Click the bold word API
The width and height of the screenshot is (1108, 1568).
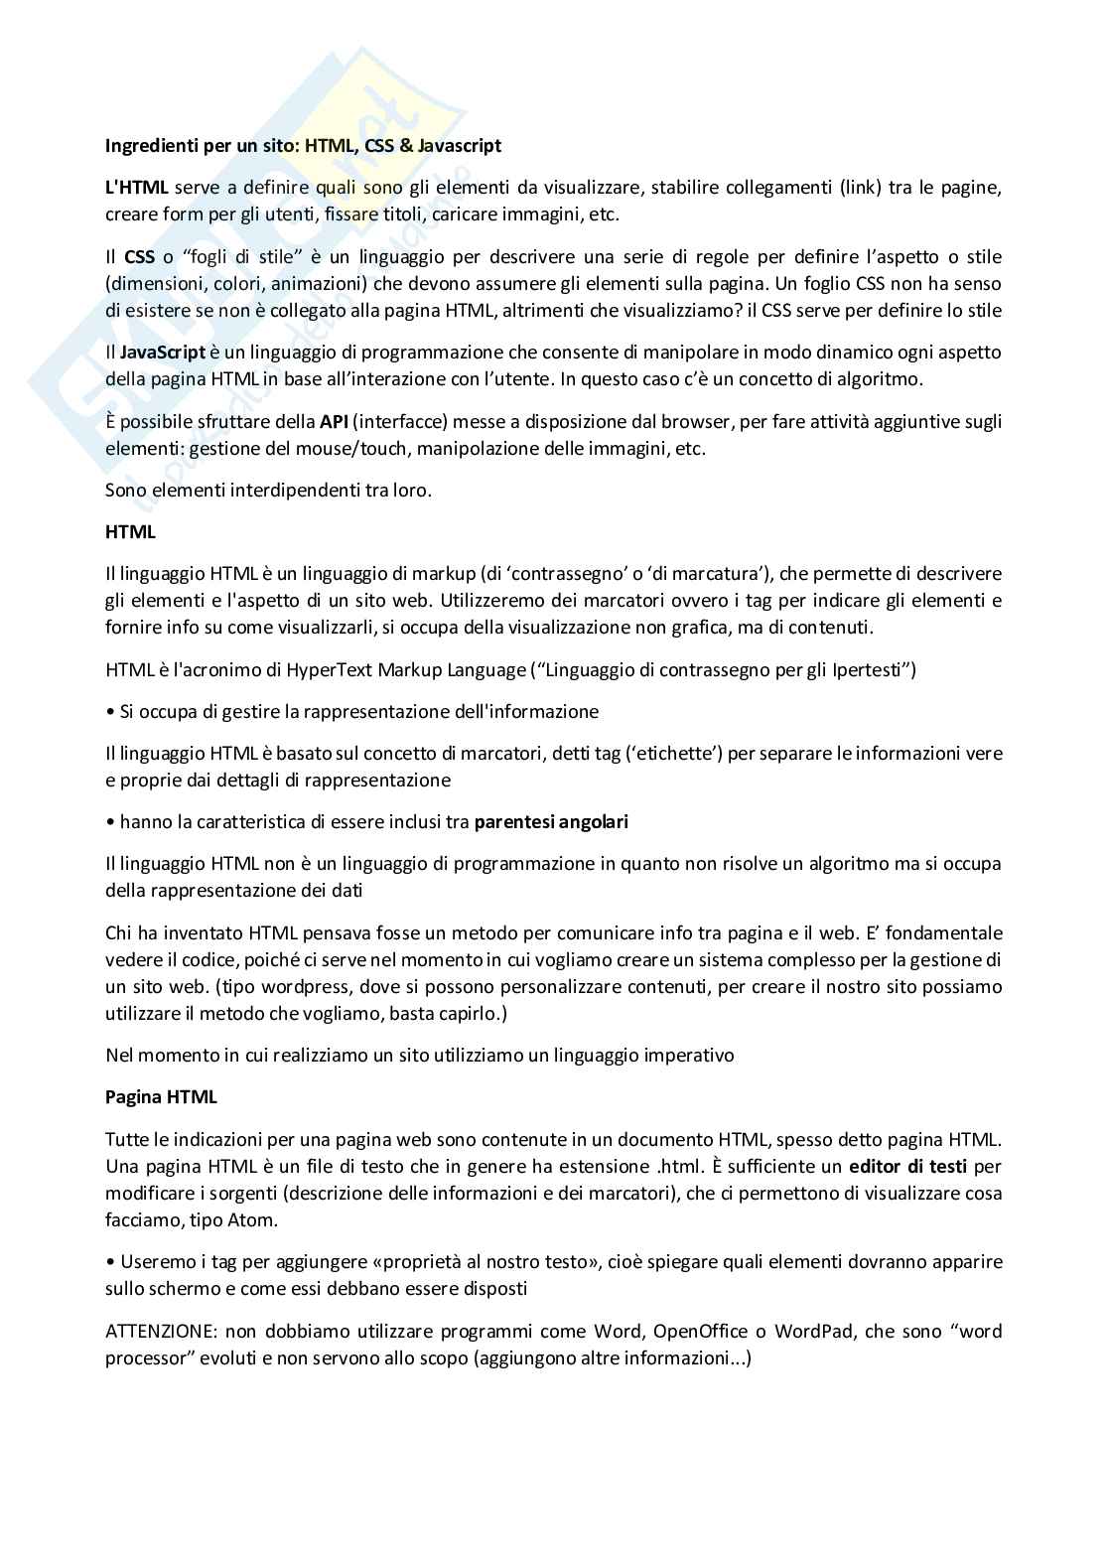pyautogui.click(x=333, y=422)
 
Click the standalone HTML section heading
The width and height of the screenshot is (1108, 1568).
pyautogui.click(x=130, y=532)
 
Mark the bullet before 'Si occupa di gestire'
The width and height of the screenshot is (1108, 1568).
pyautogui.click(x=109, y=712)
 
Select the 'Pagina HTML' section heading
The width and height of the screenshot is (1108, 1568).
pyautogui.click(x=161, y=1097)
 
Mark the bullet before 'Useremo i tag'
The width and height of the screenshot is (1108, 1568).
pyautogui.click(x=109, y=1262)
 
